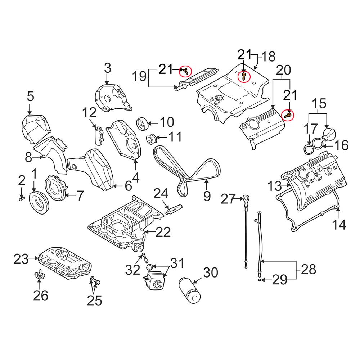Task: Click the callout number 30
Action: point(211,273)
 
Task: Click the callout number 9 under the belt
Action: point(207,196)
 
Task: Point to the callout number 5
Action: point(30,96)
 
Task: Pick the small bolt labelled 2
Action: point(21,198)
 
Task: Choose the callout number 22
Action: point(163,233)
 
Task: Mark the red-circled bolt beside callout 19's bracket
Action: point(186,71)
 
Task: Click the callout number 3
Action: point(108,67)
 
